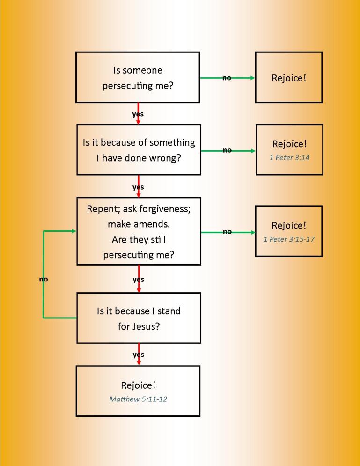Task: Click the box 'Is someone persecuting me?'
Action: pyautogui.click(x=138, y=77)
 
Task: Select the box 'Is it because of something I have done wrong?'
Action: pyautogui.click(x=138, y=150)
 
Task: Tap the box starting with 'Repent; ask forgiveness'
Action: pyautogui.click(x=138, y=231)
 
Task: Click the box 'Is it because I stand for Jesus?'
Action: pyautogui.click(x=138, y=318)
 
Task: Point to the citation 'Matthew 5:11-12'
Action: pyautogui.click(x=138, y=399)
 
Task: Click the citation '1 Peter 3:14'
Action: pyautogui.click(x=289, y=158)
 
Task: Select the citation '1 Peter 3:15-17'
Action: pyautogui.click(x=289, y=239)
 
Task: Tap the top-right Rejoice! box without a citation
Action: pyautogui.click(x=288, y=77)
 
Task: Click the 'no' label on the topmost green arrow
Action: pyautogui.click(x=227, y=78)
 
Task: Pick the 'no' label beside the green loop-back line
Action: pyautogui.click(x=43, y=280)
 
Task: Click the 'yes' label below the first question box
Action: pyautogui.click(x=138, y=114)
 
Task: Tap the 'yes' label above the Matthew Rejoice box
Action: pyautogui.click(x=138, y=355)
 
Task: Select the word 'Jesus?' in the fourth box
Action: pyautogui.click(x=146, y=326)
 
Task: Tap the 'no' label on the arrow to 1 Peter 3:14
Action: pyautogui.click(x=227, y=150)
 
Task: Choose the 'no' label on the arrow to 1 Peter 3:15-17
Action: pyautogui.click(x=227, y=232)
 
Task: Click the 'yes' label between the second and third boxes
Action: pyautogui.click(x=138, y=187)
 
